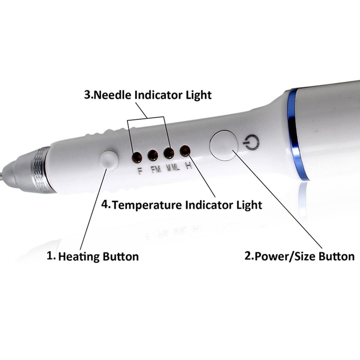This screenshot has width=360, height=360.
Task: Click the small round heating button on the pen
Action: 109,160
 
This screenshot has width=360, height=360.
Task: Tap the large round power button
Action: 224,145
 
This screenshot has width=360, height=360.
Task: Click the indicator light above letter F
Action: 137,157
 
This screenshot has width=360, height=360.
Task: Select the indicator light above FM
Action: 153,155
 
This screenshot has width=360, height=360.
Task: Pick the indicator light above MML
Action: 169,153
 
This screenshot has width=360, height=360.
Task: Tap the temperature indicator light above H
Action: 185,150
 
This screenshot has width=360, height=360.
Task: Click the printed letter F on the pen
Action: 140,171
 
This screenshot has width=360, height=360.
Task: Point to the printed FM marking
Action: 156,170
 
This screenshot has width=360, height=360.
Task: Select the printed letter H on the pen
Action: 189,166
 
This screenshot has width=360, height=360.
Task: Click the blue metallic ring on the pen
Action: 296,135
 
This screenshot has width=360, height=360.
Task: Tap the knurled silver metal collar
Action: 41,170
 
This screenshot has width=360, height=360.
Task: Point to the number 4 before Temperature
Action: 105,204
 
